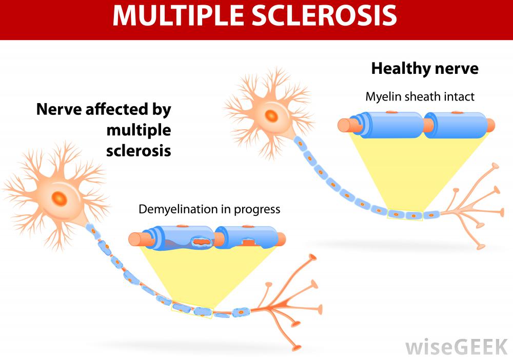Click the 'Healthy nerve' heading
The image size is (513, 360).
424,69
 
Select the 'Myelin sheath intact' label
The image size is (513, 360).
420,96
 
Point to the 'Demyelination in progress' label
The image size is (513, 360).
209,209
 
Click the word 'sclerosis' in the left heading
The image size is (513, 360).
139,152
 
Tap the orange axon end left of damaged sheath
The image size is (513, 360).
136,239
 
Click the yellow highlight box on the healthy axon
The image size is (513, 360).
405,215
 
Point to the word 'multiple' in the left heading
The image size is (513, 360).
139,130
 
